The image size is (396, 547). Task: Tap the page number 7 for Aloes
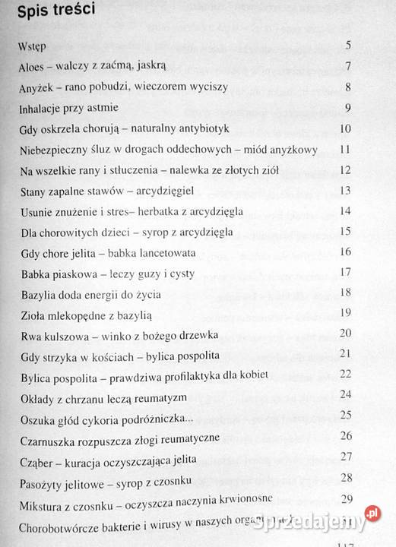(347, 65)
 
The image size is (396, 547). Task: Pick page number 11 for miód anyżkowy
(345, 149)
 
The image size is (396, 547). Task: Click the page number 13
(345, 190)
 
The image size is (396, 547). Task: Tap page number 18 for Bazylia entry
(345, 292)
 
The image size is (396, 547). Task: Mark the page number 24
(346, 394)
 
